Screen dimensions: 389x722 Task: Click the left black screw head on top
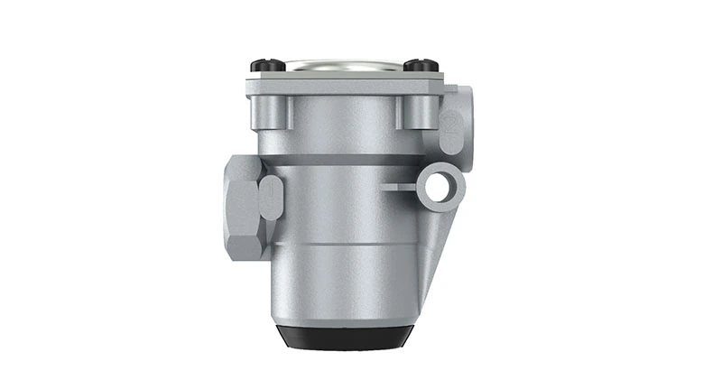(x=262, y=65)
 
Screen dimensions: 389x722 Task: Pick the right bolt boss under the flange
(x=415, y=113)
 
